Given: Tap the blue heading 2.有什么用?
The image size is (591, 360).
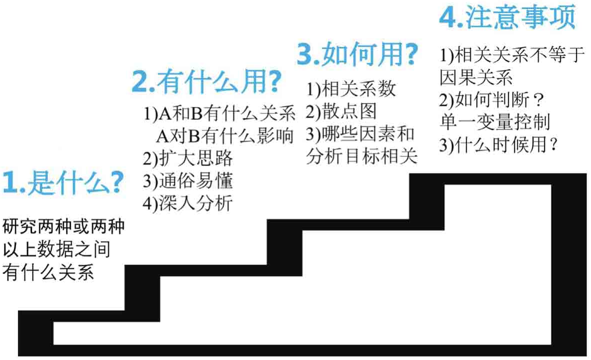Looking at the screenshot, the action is [x=206, y=81].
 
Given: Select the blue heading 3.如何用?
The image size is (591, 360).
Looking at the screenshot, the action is [x=357, y=54].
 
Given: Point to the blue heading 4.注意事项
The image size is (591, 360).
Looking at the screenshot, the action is [x=507, y=17].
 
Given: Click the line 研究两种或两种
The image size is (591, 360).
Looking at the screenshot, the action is [x=63, y=226].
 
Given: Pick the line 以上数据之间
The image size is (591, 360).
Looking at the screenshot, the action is [x=56, y=249].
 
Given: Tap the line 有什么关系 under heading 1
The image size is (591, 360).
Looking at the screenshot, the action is [x=48, y=272].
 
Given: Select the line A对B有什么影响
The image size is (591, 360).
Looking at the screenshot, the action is [x=224, y=136].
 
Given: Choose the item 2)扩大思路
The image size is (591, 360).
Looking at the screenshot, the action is [x=187, y=158].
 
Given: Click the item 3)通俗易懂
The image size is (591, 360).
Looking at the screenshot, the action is [x=187, y=181].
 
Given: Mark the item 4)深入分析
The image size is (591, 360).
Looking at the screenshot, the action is [x=187, y=203].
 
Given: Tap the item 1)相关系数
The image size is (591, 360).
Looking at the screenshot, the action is [x=351, y=89].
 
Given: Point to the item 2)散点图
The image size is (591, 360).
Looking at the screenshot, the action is [x=341, y=111].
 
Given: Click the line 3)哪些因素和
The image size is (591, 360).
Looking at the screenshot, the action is [x=360, y=134].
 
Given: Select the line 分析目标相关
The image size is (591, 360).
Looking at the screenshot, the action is [x=361, y=156].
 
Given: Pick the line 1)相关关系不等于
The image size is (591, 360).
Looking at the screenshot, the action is [x=512, y=55].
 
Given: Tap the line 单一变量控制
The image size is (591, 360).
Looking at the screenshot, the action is [x=495, y=122].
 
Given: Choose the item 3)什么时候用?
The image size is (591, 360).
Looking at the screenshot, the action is [x=498, y=145].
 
